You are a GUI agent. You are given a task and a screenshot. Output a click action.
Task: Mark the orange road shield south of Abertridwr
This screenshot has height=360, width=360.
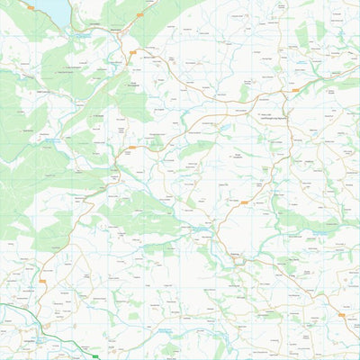pyautogui.click(x=132, y=147)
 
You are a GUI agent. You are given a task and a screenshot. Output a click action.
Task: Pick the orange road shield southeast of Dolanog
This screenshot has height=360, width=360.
pyautogui.click(x=343, y=315)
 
